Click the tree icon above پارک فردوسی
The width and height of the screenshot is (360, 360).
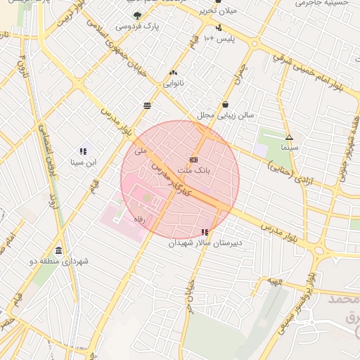[x=136, y=15]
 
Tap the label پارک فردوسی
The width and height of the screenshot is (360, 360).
[x=137, y=27]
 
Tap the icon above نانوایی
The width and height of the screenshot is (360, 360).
[x=173, y=72]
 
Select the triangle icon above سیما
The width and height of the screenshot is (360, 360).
[x=289, y=137]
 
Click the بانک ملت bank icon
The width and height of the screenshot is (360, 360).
[x=193, y=160]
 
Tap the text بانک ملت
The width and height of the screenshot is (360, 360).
[x=194, y=171]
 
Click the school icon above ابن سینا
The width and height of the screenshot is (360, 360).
[x=83, y=150]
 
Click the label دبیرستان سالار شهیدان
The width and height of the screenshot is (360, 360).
[x=205, y=243]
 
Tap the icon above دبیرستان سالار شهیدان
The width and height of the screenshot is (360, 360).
[x=205, y=231]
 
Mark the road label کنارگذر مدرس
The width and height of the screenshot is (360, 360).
[x=171, y=180]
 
